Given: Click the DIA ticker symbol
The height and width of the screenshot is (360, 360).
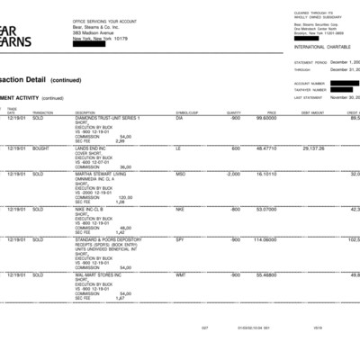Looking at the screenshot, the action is coord(179,118).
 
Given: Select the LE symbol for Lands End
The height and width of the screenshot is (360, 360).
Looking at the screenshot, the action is coord(177,148).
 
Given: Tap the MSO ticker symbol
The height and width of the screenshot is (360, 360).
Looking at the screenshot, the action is coord(180,174).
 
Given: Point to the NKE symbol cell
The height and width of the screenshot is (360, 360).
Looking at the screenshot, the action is coord(180,209).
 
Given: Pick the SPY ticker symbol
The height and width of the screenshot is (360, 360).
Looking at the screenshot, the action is coord(179,239).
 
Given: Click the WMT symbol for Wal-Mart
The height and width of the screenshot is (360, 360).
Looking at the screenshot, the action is coord(180,274).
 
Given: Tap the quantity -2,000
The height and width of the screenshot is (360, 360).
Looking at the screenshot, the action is coord(233,174).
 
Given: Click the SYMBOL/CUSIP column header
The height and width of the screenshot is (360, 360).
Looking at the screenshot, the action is coord(186,112).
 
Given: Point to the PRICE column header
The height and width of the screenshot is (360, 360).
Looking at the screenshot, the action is coord(271,112).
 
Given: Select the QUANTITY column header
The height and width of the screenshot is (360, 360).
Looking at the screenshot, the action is coord(233,112).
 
